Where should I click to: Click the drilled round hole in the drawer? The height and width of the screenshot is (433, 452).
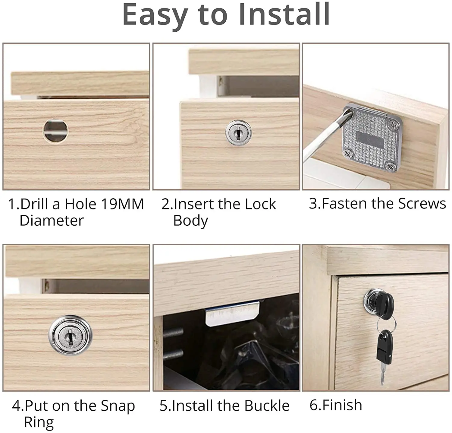click(x=55, y=130)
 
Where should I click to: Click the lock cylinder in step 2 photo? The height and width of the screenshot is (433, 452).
click(x=238, y=132)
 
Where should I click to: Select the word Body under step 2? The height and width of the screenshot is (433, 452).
click(x=190, y=221)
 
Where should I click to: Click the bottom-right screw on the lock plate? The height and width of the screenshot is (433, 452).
click(x=391, y=165)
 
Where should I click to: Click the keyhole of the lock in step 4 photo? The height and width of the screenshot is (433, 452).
click(x=70, y=336)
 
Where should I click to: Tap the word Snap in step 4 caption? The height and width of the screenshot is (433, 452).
click(x=118, y=406)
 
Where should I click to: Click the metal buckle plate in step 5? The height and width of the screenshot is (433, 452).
click(x=232, y=314)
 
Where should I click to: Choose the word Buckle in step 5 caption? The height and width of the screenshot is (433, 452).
click(x=267, y=406)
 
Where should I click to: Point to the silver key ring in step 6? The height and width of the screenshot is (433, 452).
click(x=386, y=324)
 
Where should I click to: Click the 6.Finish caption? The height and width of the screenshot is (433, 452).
click(x=336, y=405)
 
